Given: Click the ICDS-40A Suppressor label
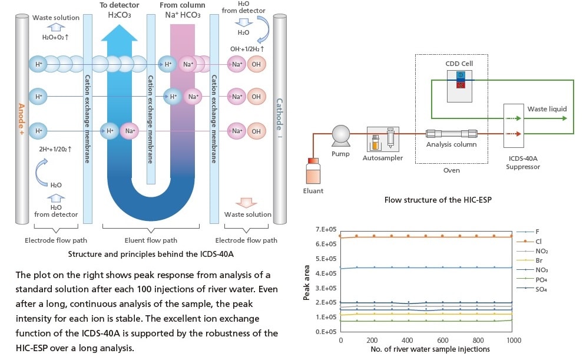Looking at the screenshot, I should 523,162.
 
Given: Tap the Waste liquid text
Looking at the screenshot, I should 547,109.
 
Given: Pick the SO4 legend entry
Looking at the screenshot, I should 541,288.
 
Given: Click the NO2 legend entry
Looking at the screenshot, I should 541,250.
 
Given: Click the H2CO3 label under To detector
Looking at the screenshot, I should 120,15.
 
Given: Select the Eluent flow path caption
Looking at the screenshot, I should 151,240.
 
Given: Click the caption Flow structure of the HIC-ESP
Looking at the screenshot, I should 438,200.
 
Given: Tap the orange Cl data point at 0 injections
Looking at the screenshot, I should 341,237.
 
